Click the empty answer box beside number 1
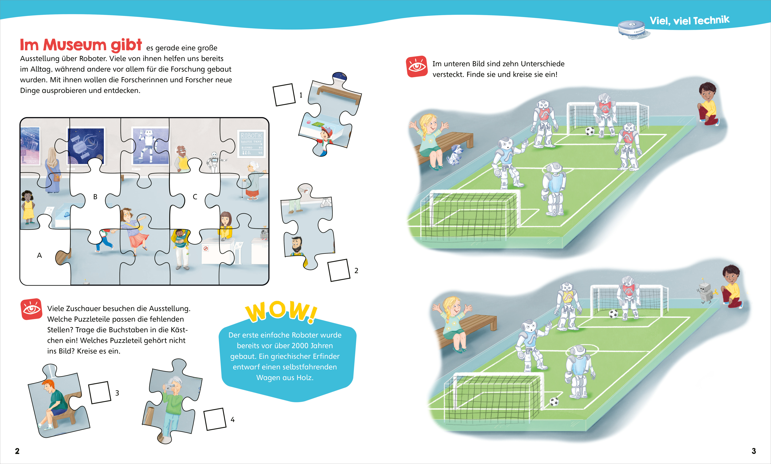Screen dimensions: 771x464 click(x=284, y=95)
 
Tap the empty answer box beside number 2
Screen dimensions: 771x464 click(x=339, y=270)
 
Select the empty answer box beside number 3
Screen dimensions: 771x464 click(x=100, y=392)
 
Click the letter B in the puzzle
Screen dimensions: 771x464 click(x=95, y=197)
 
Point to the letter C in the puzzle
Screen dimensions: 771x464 click(x=195, y=197)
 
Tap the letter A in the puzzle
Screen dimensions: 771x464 click(x=39, y=256)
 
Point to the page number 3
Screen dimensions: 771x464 click(x=754, y=451)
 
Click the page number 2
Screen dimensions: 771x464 click(x=17, y=451)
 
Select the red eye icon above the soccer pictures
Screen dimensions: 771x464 click(x=417, y=66)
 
